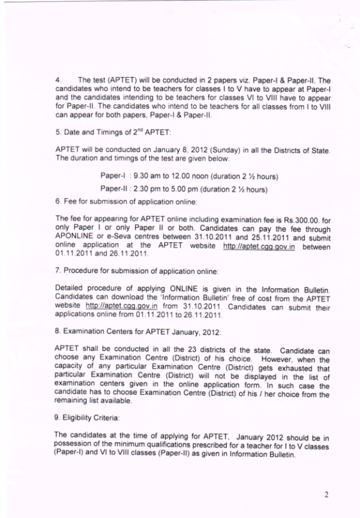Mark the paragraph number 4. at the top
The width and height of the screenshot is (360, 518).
(57, 80)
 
